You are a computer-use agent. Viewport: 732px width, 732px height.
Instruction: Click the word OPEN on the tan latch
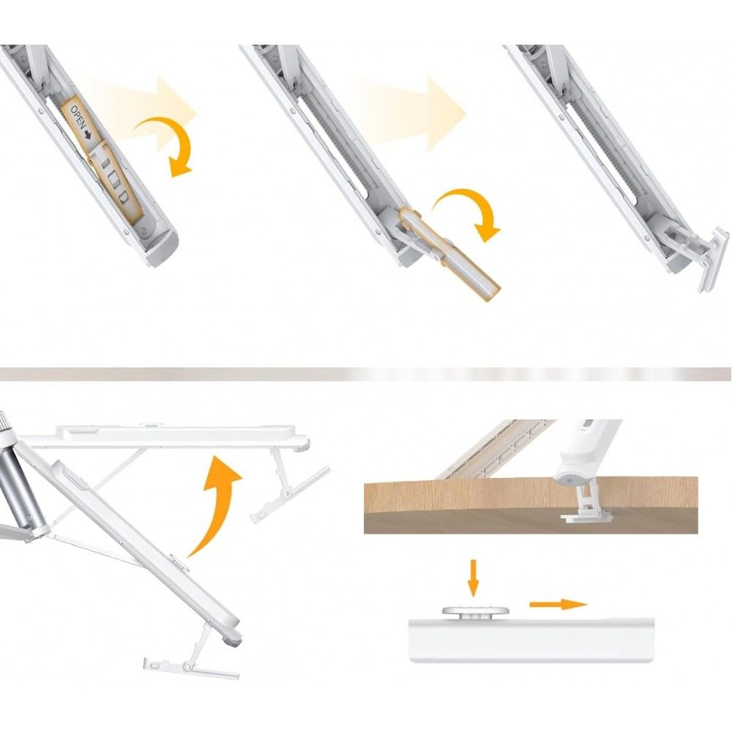click(x=78, y=116)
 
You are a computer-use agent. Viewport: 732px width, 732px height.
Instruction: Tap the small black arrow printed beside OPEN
click(x=89, y=135)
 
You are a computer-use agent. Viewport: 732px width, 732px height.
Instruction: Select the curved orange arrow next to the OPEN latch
click(x=166, y=145)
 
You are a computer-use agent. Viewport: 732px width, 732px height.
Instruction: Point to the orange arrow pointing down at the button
click(x=474, y=578)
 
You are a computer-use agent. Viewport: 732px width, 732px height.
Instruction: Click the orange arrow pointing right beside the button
click(x=559, y=604)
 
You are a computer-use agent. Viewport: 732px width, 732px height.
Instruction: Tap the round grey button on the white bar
click(x=475, y=612)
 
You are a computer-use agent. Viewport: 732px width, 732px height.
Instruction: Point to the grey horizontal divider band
click(x=366, y=374)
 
